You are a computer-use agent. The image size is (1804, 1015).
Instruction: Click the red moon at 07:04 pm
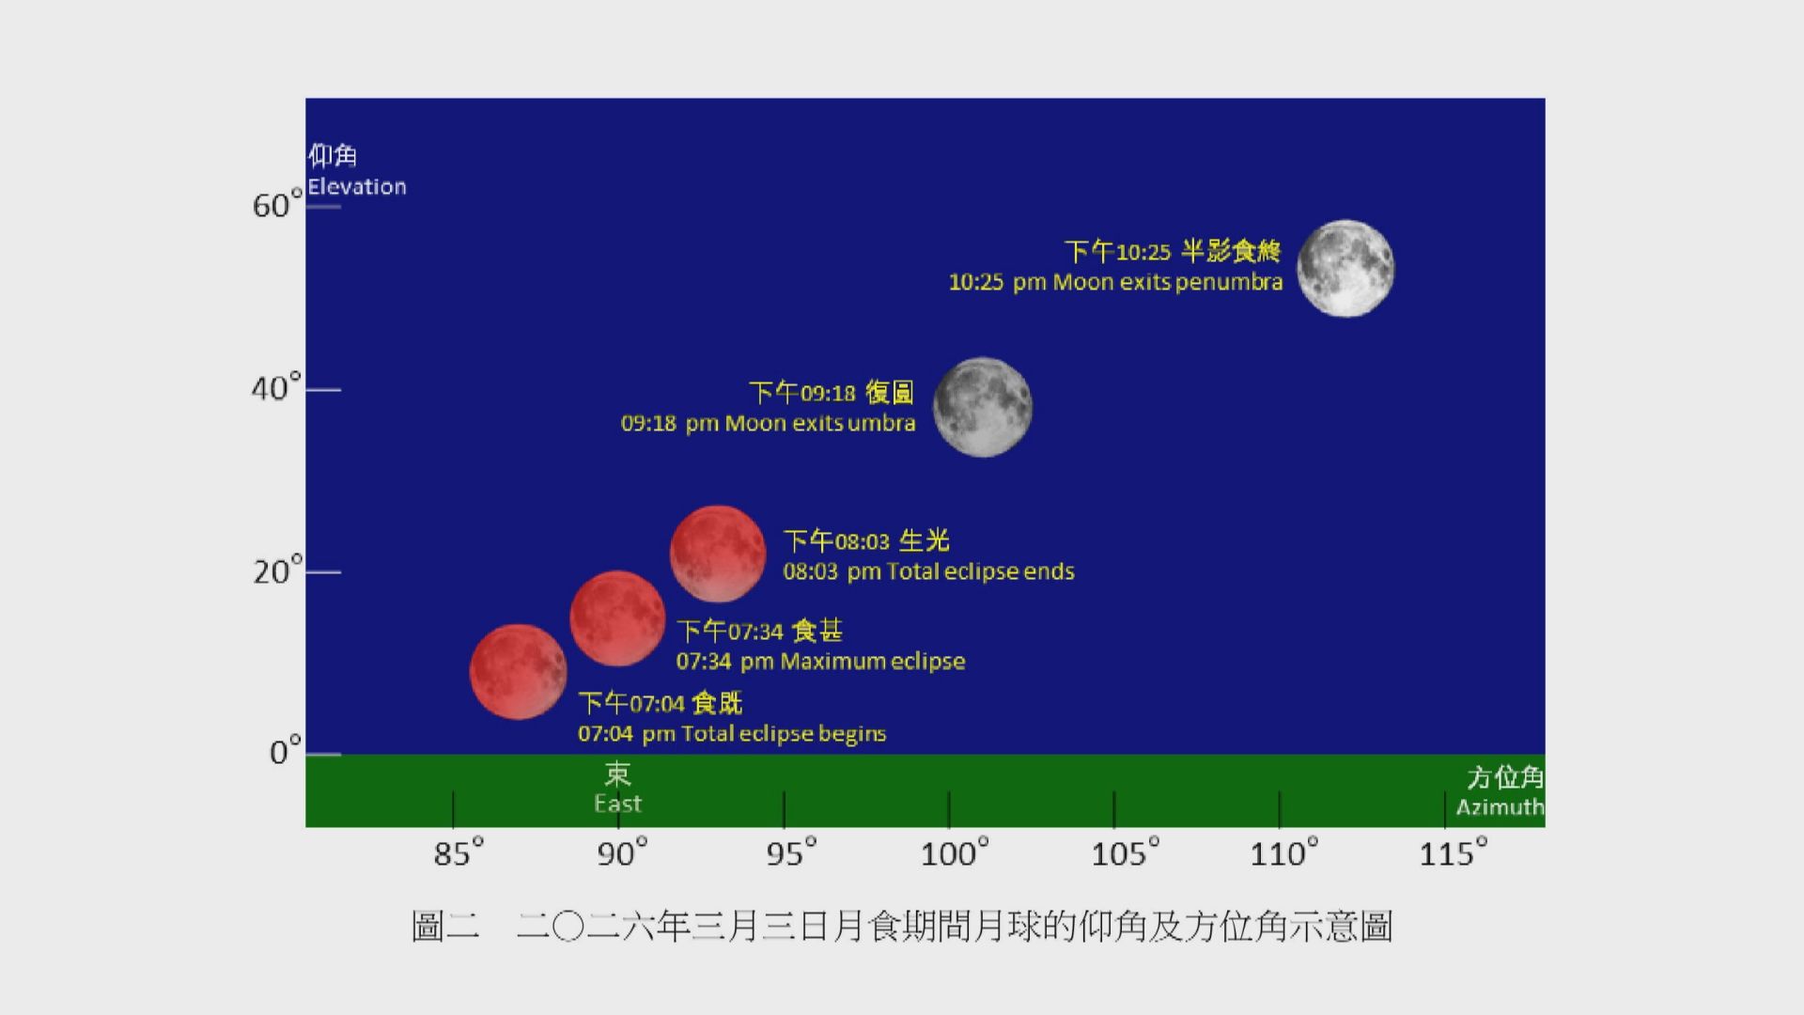(518, 672)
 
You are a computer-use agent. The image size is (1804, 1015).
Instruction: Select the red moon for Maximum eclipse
(617, 617)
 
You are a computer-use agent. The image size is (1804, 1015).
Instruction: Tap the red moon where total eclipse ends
(718, 554)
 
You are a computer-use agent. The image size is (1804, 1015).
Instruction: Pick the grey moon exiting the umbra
(982, 407)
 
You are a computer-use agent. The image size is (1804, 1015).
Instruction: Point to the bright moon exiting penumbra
(1345, 269)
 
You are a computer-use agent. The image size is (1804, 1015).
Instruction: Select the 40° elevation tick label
(276, 388)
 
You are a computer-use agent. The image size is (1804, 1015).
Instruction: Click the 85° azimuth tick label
(458, 853)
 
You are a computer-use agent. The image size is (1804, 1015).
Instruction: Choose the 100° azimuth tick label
(955, 853)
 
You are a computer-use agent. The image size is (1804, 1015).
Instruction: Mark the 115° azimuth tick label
(1453, 853)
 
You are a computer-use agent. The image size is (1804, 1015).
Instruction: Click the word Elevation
(357, 187)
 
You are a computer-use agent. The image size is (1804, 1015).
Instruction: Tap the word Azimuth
(1500, 807)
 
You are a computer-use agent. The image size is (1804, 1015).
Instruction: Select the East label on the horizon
(617, 804)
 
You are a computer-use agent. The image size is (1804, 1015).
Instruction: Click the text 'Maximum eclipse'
(873, 662)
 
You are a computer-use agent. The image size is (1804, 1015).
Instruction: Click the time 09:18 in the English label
(648, 424)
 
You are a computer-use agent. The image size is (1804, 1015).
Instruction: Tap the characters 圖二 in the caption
(445, 927)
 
